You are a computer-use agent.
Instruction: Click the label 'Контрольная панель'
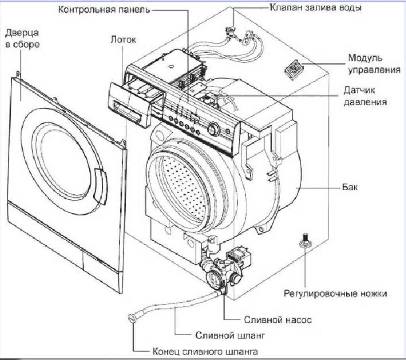tap(104, 9)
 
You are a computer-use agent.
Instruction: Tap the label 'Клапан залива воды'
tap(316, 8)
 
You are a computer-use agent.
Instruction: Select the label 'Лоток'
tap(123, 40)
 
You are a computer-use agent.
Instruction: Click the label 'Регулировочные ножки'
tap(335, 294)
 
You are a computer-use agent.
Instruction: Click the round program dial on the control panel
tap(213, 128)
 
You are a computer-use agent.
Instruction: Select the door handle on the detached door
tap(100, 187)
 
